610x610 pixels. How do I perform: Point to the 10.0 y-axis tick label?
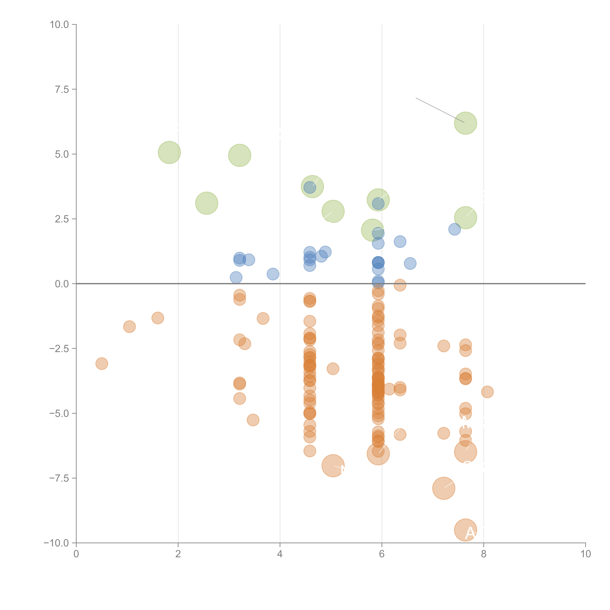pyautogui.click(x=59, y=25)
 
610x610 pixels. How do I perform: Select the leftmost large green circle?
pyautogui.click(x=169, y=152)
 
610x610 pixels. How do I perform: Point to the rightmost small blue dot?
pyautogui.click(x=454, y=229)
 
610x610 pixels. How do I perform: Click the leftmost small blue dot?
pyautogui.click(x=236, y=278)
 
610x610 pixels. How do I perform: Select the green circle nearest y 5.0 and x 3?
pyautogui.click(x=240, y=155)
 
